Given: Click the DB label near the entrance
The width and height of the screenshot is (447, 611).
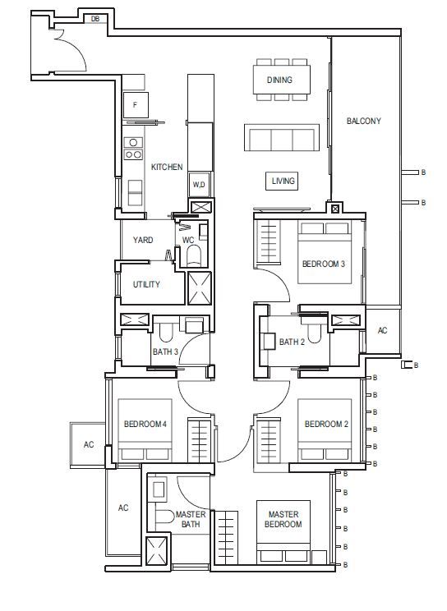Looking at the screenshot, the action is (95, 19).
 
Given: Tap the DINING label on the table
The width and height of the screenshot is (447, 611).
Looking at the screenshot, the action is (279, 80).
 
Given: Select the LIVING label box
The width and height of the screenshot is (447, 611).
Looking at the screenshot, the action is (282, 181).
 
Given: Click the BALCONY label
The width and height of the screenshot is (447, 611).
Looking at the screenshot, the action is (364, 121).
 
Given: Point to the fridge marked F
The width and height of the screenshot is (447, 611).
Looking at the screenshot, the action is (136, 105).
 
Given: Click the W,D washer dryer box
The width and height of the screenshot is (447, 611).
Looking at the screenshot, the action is (199, 184).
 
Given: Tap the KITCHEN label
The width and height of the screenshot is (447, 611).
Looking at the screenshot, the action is (167, 167).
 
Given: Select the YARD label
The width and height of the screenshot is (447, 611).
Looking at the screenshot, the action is (143, 240).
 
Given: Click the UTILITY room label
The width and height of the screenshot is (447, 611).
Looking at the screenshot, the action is (146, 284).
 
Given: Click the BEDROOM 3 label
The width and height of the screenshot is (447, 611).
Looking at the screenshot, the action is (324, 264).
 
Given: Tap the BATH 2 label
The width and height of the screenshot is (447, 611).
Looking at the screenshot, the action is (293, 342).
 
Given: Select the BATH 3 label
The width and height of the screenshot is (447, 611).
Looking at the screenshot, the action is (165, 351).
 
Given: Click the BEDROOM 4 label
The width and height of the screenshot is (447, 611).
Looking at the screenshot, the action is (145, 424).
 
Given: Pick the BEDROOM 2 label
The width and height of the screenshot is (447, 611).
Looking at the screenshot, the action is (326, 424).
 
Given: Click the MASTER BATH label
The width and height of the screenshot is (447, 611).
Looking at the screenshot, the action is (191, 519).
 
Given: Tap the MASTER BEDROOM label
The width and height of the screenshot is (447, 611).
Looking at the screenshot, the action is (283, 519).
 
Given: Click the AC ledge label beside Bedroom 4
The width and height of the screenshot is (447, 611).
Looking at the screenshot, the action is (89, 444).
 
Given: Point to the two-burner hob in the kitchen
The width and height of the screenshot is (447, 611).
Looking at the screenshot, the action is (133, 154).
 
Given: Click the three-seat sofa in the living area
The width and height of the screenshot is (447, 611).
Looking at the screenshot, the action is (282, 137).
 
